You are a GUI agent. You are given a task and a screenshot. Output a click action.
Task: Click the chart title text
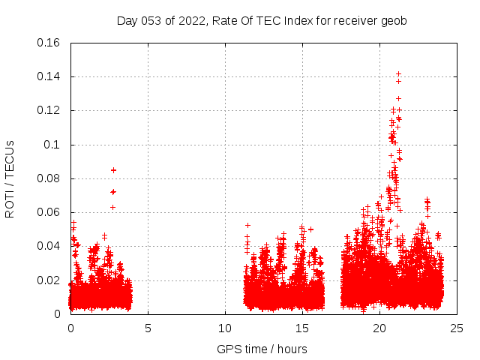pos(262,21)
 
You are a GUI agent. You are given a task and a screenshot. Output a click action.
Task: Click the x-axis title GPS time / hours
pos(262,349)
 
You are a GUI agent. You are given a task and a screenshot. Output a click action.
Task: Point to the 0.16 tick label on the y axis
pos(49,43)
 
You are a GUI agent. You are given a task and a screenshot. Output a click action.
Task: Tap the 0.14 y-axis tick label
pos(49,76)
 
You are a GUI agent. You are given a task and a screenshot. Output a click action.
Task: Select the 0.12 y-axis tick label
pos(49,110)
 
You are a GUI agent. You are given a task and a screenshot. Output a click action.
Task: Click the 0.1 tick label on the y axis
pos(52,145)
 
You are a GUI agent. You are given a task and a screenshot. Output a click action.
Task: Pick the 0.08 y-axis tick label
pos(49,178)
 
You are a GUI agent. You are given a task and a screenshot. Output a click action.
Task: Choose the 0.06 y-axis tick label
pos(49,212)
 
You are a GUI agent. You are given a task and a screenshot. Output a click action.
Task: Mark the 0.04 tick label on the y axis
pos(49,246)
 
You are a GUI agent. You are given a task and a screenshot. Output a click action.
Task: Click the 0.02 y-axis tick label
pos(49,280)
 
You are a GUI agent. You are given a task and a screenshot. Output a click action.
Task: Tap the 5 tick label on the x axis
pos(148,328)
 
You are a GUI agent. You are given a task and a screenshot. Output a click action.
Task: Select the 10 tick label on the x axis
pos(225,328)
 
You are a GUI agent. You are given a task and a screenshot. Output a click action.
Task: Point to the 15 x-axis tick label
pos(302,328)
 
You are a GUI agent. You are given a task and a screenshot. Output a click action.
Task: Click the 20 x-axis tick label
pos(379,328)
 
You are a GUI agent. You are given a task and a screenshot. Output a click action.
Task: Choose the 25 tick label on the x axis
pos(457,328)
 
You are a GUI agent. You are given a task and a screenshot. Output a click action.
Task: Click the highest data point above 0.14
pos(398,74)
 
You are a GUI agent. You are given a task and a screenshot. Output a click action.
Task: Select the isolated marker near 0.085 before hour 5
pos(113,169)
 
